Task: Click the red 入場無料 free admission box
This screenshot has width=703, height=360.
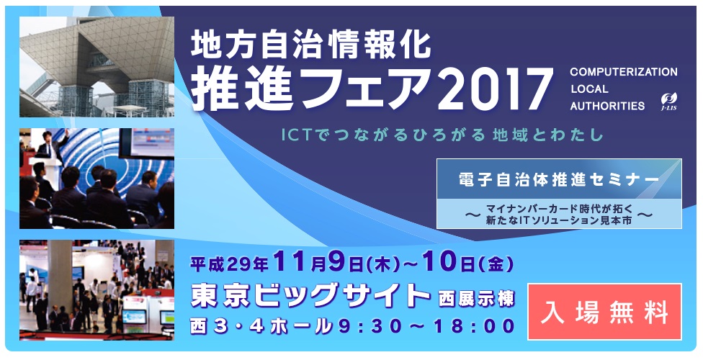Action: point(604,312)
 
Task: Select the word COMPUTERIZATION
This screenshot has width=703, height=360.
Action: point(624,72)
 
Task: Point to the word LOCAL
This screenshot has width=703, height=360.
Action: point(589,89)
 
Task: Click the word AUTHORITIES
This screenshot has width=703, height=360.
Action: point(607,107)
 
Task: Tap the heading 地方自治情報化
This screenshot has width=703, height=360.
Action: point(310,45)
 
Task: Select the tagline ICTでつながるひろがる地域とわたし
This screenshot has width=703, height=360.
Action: point(442,135)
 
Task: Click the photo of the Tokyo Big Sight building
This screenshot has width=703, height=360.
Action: point(97,67)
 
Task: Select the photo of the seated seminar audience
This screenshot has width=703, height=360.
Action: point(97,179)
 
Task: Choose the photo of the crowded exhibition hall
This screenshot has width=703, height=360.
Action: point(97,289)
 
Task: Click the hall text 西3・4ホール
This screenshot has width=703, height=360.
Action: point(263,326)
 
